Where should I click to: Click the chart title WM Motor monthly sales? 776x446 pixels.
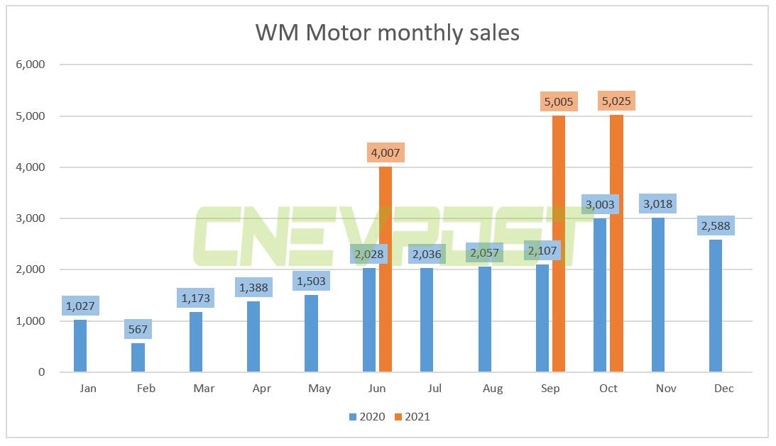coord(388,33)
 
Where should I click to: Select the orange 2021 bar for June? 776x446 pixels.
coord(385,269)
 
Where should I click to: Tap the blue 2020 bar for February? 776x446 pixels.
coord(138,357)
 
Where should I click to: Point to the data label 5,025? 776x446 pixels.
coord(616,101)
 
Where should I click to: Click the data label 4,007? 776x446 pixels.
coord(385,153)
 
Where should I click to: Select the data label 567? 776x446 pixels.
coord(138,330)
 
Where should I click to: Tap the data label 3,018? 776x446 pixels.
coord(657,204)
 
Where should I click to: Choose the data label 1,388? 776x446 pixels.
coord(253,288)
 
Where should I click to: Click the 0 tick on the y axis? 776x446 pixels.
coord(41,372)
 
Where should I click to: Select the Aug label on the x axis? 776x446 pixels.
coord(492,389)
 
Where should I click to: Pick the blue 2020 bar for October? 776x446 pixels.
coord(600,295)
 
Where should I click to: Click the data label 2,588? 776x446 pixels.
coord(716,226)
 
